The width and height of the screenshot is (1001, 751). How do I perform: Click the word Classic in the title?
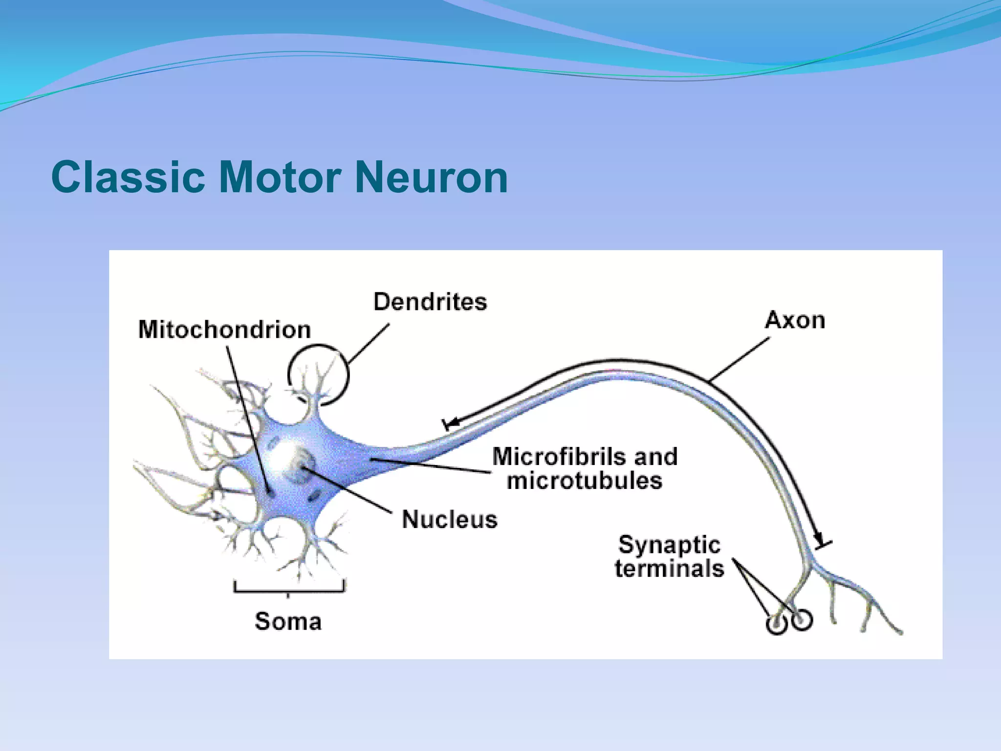click(x=128, y=177)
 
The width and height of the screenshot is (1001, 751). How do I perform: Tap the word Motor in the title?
click(x=280, y=177)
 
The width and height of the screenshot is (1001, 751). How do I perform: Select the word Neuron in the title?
click(x=431, y=177)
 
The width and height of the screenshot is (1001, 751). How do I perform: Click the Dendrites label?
click(x=430, y=302)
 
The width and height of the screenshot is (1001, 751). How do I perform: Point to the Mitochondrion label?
click(x=224, y=330)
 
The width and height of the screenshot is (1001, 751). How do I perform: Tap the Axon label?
click(x=795, y=320)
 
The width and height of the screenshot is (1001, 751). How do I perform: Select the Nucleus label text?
click(x=449, y=519)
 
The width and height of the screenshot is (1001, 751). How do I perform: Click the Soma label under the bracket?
click(x=288, y=621)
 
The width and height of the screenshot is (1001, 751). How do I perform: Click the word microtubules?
click(x=585, y=481)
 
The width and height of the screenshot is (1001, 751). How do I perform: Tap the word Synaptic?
click(x=669, y=545)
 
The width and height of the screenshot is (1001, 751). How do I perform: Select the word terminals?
click(x=669, y=569)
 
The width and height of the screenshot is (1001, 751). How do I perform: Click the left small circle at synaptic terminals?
click(x=776, y=624)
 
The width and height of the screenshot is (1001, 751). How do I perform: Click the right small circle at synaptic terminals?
click(x=802, y=620)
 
